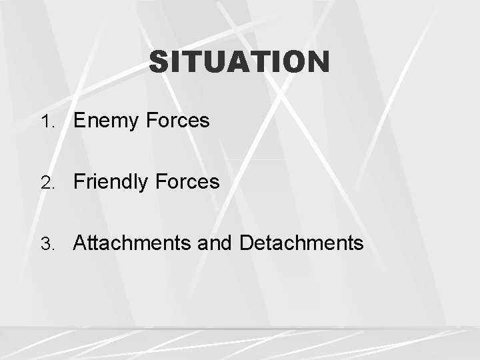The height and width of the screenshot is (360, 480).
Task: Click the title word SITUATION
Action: point(239,63)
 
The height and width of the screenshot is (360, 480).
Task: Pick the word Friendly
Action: point(111,182)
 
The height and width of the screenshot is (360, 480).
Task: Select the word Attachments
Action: point(133,243)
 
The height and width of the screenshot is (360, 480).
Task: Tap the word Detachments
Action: point(301,243)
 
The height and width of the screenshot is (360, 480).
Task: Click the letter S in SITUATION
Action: point(159,63)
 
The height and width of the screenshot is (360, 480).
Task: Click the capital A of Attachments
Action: point(81,243)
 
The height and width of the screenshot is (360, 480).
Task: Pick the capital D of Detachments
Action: point(246,243)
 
